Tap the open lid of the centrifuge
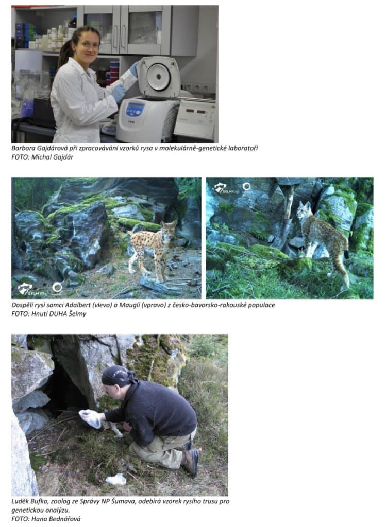[x=158, y=77]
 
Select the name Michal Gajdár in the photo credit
[x=52, y=157]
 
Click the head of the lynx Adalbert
[x=169, y=230]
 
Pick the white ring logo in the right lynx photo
[x=247, y=186]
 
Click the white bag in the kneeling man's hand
[x=90, y=418]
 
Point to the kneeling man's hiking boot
[x=191, y=462]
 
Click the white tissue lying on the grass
[x=116, y=479]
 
